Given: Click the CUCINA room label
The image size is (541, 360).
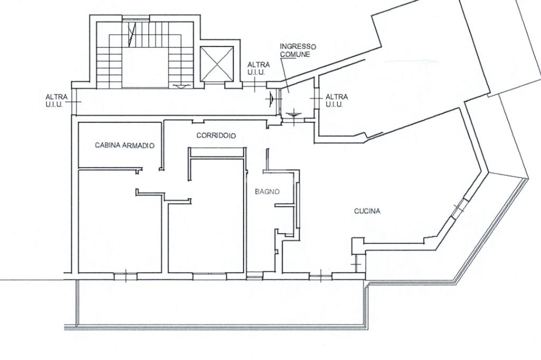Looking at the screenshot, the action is pyautogui.click(x=367, y=211).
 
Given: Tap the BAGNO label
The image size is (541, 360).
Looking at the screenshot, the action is pyautogui.click(x=267, y=192).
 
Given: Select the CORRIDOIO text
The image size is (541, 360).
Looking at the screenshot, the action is pyautogui.click(x=216, y=136).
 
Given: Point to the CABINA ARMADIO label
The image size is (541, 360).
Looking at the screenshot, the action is pyautogui.click(x=125, y=145).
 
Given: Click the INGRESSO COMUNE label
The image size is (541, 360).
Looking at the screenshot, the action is pyautogui.click(x=298, y=50).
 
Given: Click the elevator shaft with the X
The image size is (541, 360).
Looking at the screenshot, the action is pyautogui.click(x=217, y=63).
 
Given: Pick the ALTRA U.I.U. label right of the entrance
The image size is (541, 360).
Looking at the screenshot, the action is pyautogui.click(x=337, y=101).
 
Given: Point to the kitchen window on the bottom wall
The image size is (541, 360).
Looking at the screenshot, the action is pyautogui.click(x=321, y=276).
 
